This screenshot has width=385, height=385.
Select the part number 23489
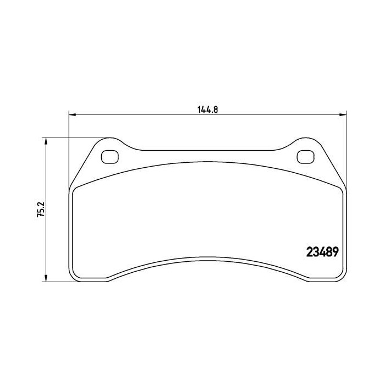322,251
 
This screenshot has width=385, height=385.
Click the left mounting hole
110,156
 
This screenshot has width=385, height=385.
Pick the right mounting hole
304,156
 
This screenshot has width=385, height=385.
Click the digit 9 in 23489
334,251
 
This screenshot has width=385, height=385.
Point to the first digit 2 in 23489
309,251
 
